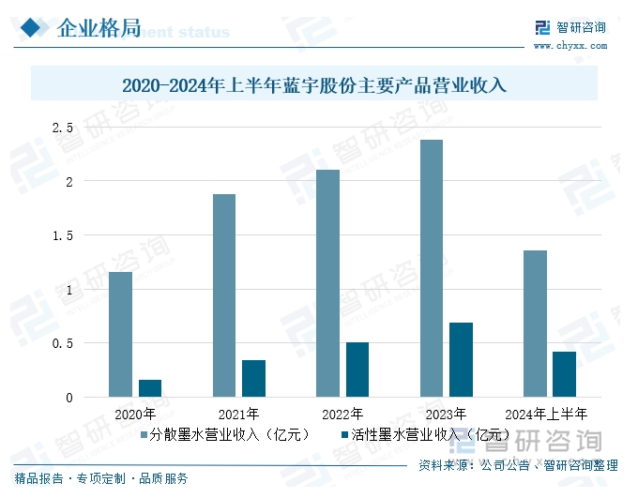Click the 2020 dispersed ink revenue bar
[x=120, y=334]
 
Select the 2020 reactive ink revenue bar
[x=150, y=388]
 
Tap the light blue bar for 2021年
[x=224, y=295]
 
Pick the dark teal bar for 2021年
[x=253, y=378]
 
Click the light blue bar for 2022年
[x=327, y=283]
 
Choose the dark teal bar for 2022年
[x=357, y=370]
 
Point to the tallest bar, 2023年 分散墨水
[x=432, y=268]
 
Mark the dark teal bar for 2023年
[x=461, y=359]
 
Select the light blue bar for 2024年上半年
[x=535, y=324]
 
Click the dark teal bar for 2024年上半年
[x=564, y=374]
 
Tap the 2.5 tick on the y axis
[x=63, y=127]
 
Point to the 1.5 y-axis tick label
[x=63, y=235]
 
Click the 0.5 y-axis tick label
[x=63, y=343]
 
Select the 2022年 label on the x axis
[x=342, y=413]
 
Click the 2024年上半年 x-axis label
[x=546, y=413]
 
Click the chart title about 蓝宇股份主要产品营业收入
[x=314, y=86]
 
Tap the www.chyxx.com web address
[x=570, y=45]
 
